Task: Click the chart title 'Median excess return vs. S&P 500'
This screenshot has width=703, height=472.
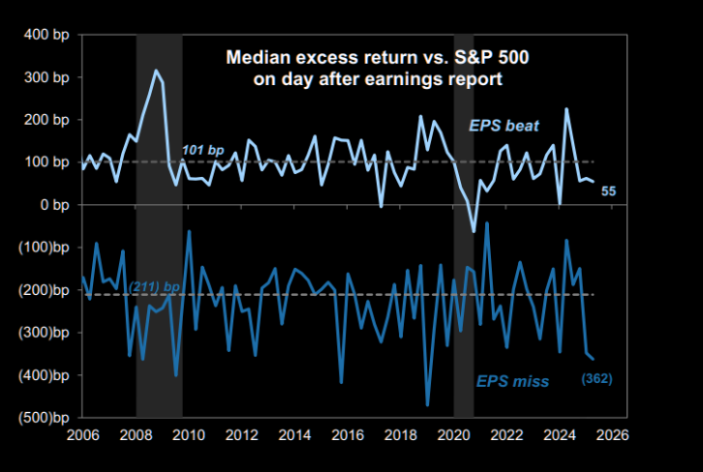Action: coord(378,58)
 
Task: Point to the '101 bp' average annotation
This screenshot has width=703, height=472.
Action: coord(202,150)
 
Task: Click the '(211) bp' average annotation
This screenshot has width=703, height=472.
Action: coord(154,287)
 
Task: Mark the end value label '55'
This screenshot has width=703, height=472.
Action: coord(609,191)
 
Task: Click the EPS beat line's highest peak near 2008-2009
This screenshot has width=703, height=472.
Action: coord(154,71)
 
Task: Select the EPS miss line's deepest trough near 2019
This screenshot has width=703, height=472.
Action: coord(428,405)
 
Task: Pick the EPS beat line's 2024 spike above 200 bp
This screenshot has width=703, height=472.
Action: coord(566,108)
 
